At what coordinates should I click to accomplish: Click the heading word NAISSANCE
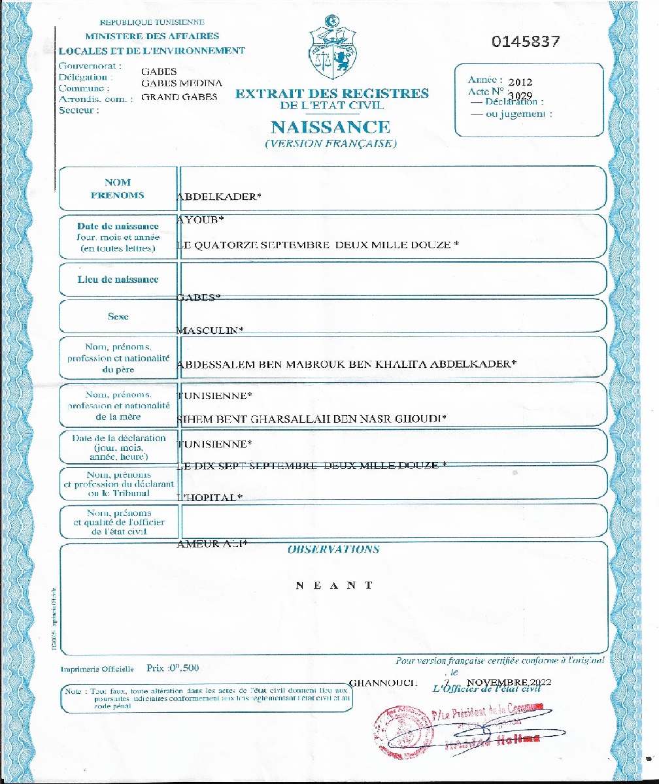point(330,126)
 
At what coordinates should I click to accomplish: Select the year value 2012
point(520,82)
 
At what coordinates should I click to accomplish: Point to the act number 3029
point(520,95)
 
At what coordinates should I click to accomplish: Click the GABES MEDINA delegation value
point(182,83)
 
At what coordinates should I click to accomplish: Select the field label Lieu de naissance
point(118,280)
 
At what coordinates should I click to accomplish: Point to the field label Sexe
point(118,316)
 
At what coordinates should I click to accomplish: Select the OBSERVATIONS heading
point(333,549)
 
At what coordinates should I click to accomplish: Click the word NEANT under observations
point(333,585)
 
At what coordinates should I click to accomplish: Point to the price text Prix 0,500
point(173,668)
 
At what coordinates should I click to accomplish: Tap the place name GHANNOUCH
point(383,683)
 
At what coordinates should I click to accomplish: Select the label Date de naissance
point(118,227)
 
